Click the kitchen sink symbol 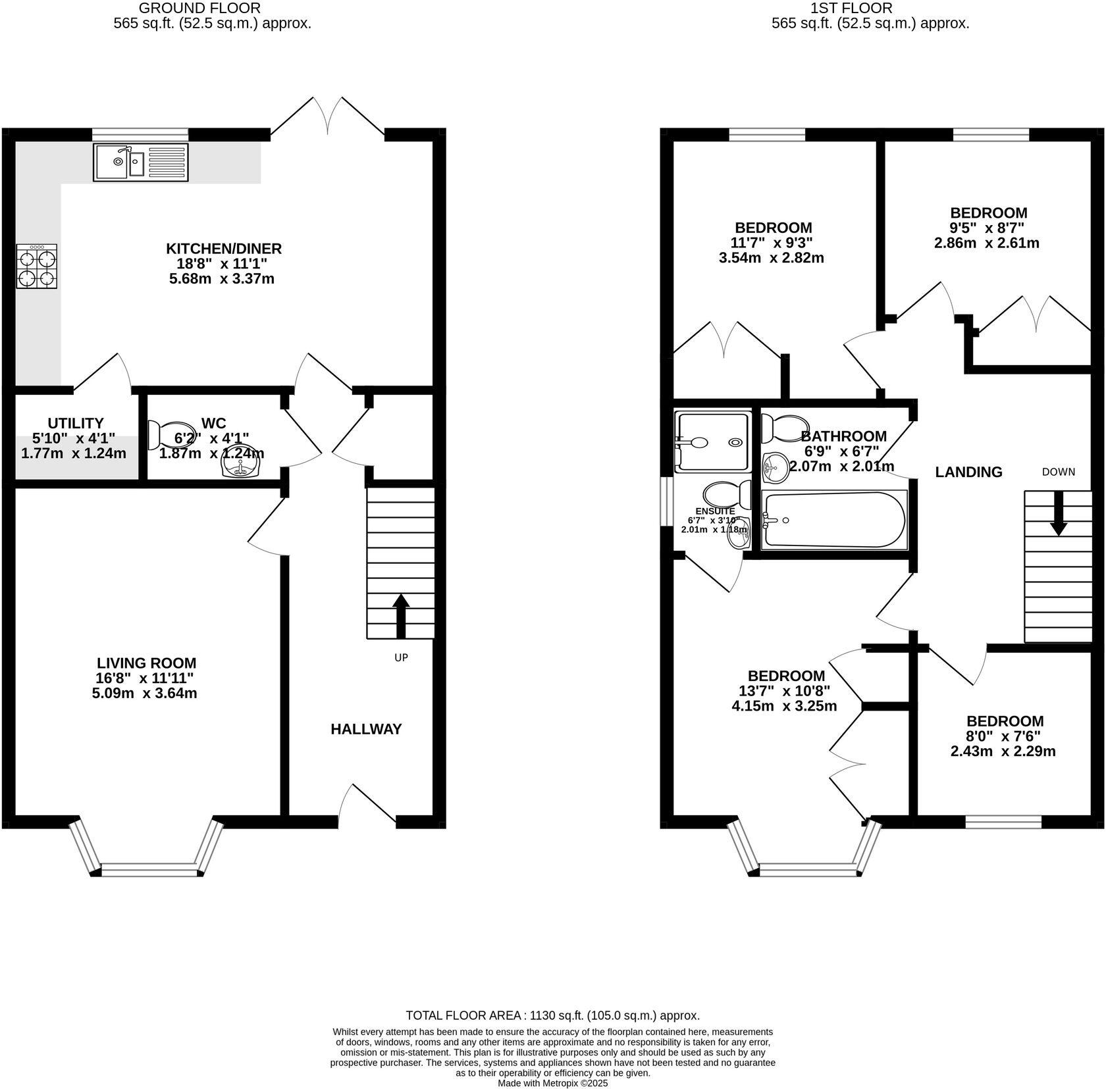coord(141,163)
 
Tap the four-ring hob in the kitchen coord(36,266)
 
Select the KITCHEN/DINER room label coord(223,249)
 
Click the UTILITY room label coord(76,423)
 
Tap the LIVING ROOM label coord(146,663)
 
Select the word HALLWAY coord(366,729)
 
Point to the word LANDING coord(968,472)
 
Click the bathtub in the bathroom coord(834,520)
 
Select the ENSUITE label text coord(715,511)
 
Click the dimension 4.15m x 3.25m coord(784,707)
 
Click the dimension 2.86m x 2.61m coord(987,243)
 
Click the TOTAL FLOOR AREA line coord(552,1015)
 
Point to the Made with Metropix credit coord(552,1082)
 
